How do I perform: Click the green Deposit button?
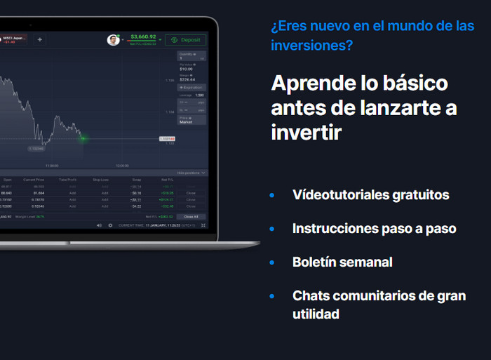185,40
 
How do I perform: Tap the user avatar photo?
113,40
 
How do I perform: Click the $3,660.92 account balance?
143,36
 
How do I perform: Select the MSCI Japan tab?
13,39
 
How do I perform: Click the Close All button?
191,217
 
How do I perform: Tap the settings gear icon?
110,225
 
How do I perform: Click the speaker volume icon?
99,225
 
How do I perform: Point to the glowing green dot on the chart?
82,138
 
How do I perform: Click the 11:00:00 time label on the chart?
52,166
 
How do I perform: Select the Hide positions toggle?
191,173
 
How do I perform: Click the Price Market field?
191,119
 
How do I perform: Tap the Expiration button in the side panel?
191,87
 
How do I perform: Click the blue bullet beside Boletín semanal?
272,262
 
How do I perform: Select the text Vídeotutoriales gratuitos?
370,194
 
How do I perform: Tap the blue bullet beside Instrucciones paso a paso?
272,229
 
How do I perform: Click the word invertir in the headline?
307,133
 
